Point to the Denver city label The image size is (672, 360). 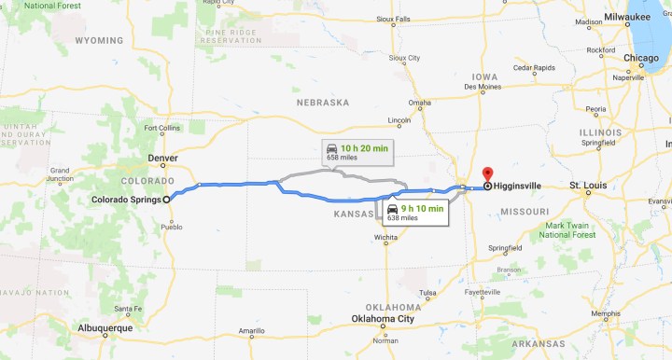(162, 159)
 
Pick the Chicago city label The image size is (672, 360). (641, 59)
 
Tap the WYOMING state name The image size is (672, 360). (98, 41)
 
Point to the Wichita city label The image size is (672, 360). (385, 237)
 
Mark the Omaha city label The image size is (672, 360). (420, 103)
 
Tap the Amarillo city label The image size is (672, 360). (251, 331)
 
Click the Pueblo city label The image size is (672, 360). (172, 227)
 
